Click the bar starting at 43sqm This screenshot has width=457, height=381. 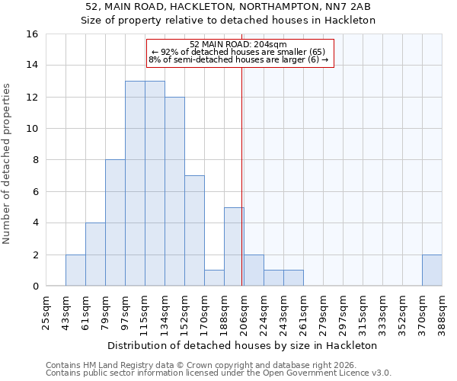click(75, 271)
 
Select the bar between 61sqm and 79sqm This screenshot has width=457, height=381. click(95, 255)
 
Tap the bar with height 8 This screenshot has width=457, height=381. click(115, 223)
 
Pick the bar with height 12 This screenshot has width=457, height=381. click(174, 191)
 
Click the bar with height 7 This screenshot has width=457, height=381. click(194, 231)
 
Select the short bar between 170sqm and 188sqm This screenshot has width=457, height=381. click(214, 278)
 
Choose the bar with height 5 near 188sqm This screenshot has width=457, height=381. click(234, 247)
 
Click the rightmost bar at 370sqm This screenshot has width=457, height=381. click(432, 271)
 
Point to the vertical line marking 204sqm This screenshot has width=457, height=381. click(242, 175)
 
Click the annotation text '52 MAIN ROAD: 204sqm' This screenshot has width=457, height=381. click(238, 44)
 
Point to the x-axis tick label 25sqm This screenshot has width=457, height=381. click(46, 309)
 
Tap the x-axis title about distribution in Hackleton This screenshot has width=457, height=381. click(244, 345)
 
